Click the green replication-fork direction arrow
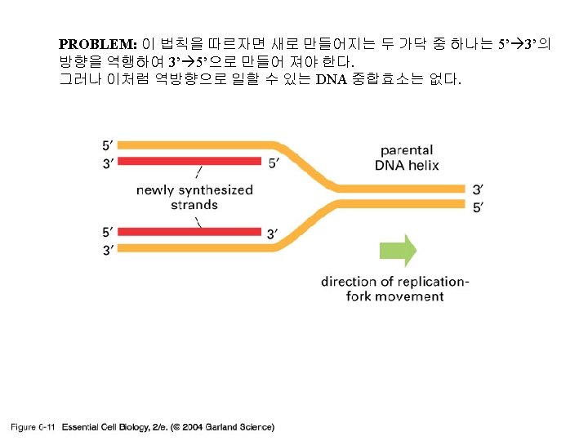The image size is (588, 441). (x=397, y=250)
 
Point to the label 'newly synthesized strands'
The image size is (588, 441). (x=194, y=197)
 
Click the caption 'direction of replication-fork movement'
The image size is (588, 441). (x=394, y=288)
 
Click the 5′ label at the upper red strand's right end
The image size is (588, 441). (x=276, y=163)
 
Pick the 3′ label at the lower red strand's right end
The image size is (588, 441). (x=276, y=234)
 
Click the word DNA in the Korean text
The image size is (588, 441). (x=332, y=79)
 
